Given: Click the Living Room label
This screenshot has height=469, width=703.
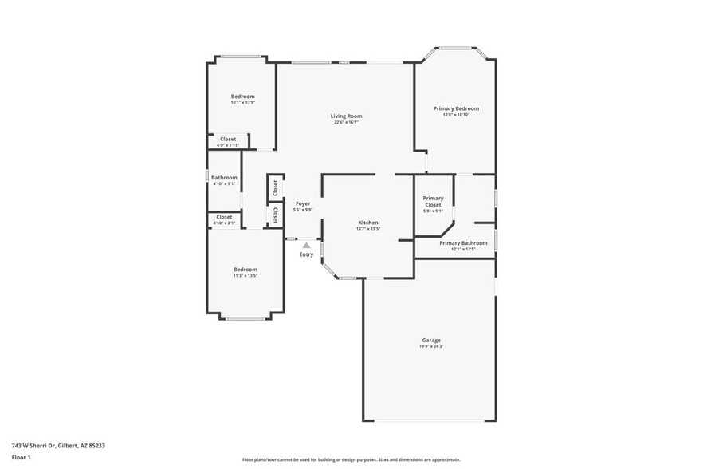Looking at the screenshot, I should [346, 116].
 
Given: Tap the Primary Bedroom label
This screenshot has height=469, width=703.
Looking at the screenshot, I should [456, 108].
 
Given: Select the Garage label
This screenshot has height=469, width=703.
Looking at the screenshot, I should [430, 340].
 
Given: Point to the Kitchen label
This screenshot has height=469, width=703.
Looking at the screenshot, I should [367, 223].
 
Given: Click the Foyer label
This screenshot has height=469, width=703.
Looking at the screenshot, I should [303, 203].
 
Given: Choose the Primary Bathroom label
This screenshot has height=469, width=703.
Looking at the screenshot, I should [463, 242].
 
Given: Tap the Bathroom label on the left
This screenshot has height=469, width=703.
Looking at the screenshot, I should [224, 177].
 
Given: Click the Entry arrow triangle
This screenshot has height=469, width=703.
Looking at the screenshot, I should [306, 246].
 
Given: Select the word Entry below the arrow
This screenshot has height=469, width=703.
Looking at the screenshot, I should [306, 254].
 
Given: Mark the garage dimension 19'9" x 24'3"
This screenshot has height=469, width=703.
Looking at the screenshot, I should [430, 346].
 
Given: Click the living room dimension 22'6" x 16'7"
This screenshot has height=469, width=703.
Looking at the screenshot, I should [346, 123].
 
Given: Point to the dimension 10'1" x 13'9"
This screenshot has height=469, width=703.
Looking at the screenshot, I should [242, 103].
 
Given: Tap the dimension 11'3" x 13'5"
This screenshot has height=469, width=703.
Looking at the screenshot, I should [245, 276].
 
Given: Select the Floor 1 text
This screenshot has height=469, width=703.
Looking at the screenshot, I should [21, 457].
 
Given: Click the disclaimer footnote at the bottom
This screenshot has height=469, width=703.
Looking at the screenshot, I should [351, 459].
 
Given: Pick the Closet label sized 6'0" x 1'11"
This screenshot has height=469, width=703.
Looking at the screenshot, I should [228, 139].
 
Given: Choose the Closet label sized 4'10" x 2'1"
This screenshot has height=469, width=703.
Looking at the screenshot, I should [224, 216].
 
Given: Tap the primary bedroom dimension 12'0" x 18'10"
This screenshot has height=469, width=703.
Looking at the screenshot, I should [456, 115].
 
